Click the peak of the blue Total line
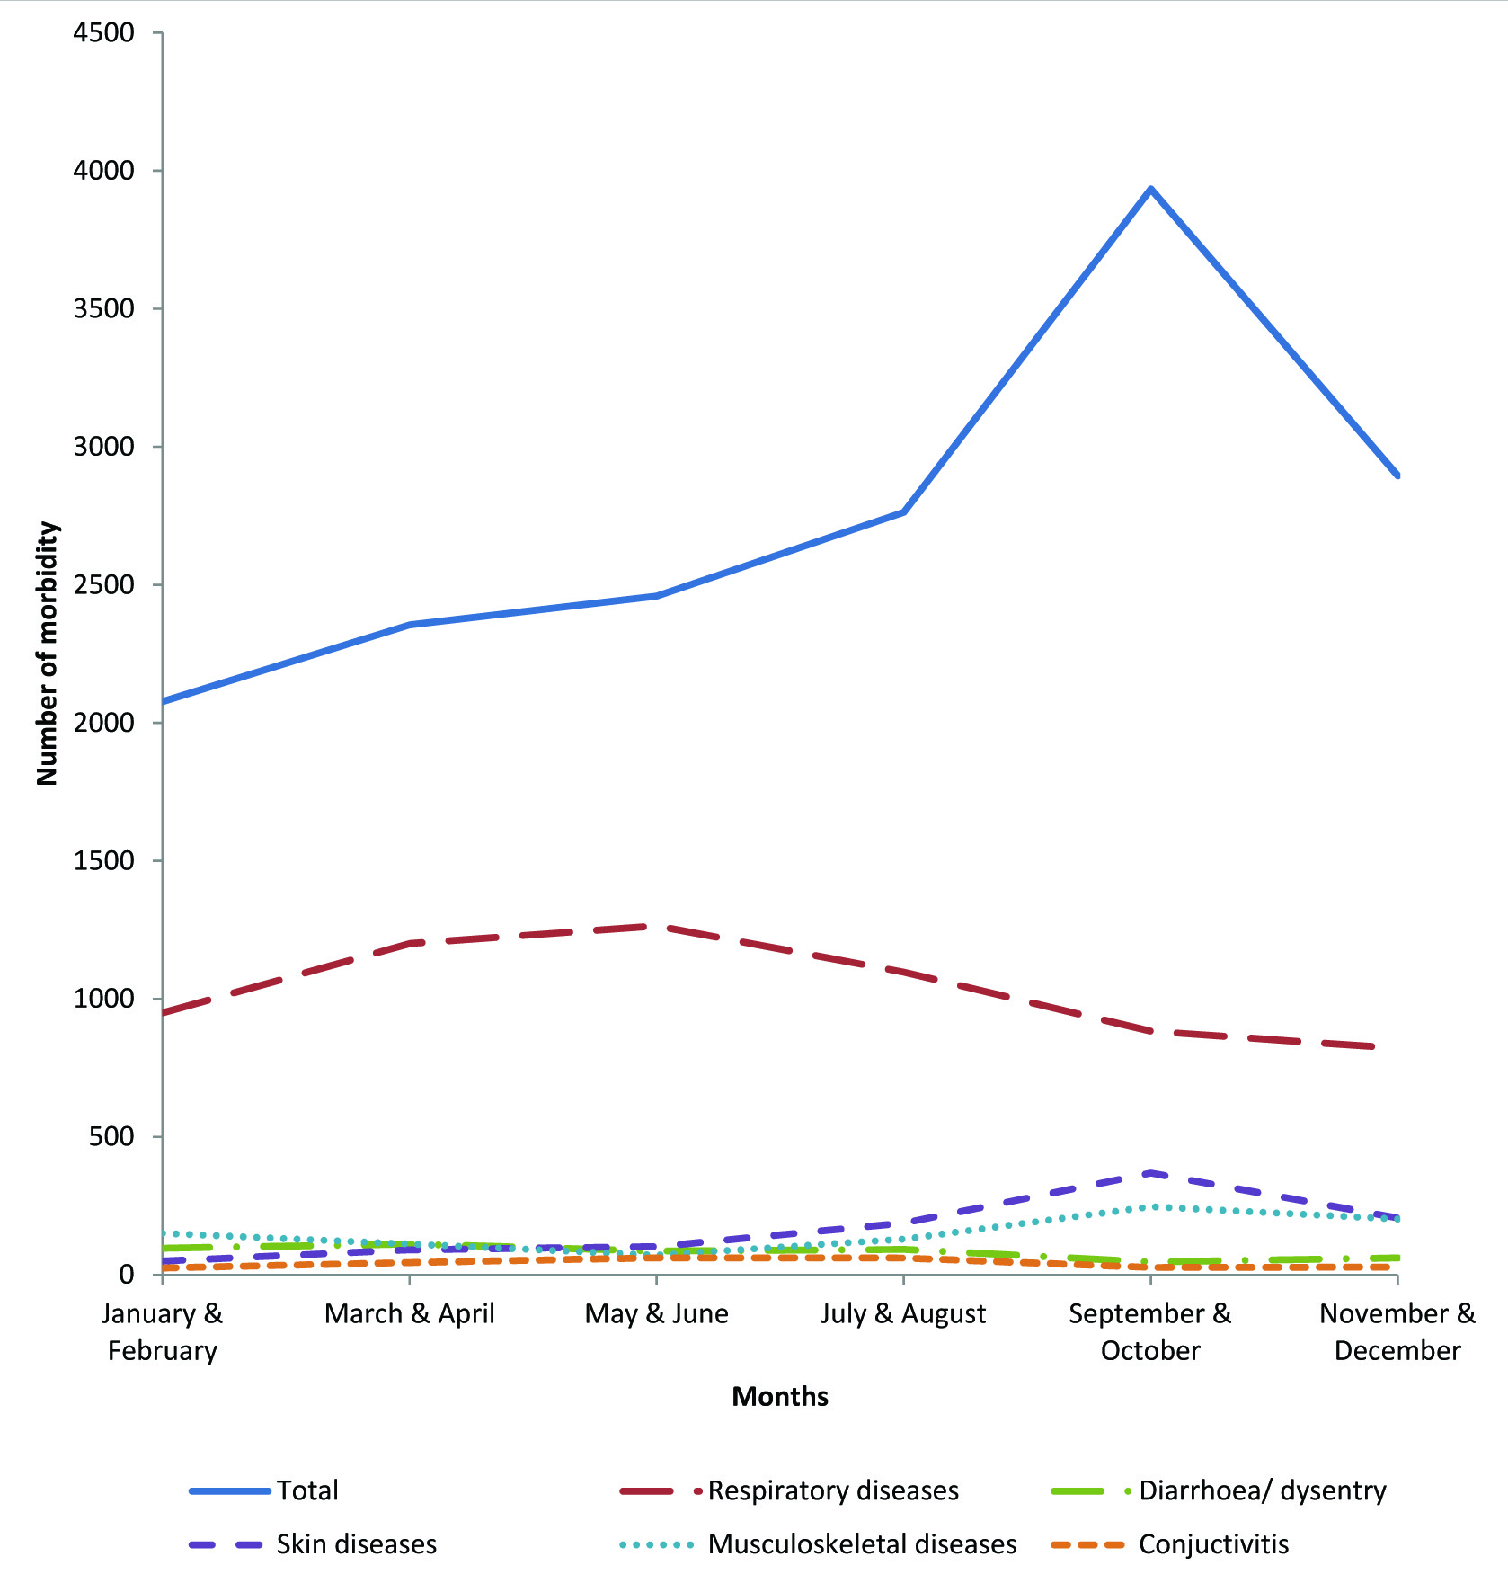pos(1150,189)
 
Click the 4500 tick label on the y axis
pos(104,33)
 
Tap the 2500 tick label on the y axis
pos(104,585)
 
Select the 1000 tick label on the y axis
pos(104,999)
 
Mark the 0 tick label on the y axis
pos(126,1275)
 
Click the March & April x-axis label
pos(410,1314)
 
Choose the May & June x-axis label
pos(656,1314)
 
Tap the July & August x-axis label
pos(903,1314)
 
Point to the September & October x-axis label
pos(1150,1332)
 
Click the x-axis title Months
pos(780,1397)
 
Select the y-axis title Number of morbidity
pos(47,654)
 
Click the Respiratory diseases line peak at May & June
pos(656,926)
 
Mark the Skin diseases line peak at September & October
pos(1150,1173)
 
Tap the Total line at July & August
pos(903,512)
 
